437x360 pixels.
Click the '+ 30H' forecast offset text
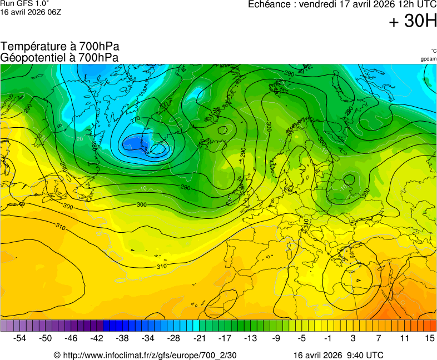412,22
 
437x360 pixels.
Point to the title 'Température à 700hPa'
60,47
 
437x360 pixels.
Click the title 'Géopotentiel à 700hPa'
59,57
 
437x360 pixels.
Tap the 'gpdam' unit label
428,59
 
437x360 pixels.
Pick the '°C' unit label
433,51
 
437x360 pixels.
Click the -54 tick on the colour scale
20,338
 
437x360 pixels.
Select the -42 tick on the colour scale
97,338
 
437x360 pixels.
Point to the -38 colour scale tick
122,338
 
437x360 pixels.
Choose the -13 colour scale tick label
250,338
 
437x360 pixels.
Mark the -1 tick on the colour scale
327,338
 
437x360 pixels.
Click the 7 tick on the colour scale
378,338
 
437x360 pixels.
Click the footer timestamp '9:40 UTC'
364,355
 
